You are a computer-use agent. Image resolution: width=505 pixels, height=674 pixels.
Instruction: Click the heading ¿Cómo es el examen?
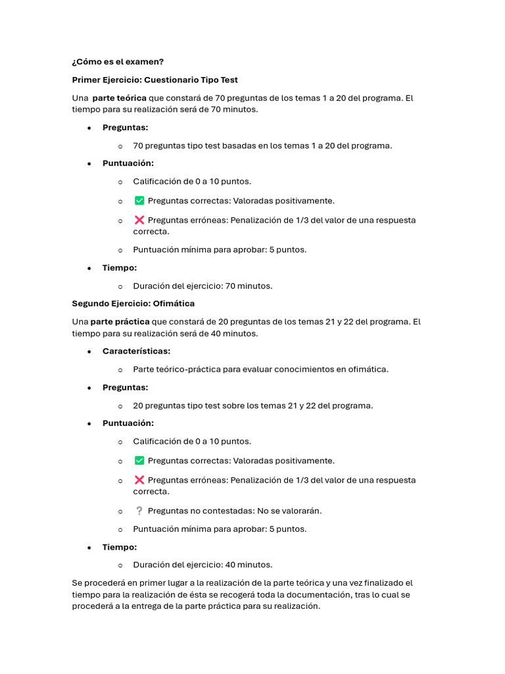coord(118,62)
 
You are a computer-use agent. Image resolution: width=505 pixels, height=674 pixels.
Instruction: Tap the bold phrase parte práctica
coord(120,322)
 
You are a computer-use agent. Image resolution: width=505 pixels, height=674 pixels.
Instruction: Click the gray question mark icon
coord(139,510)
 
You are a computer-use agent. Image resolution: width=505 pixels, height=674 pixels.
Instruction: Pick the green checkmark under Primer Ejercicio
coord(139,201)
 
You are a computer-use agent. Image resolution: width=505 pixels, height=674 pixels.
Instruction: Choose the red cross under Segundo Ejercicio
coord(139,480)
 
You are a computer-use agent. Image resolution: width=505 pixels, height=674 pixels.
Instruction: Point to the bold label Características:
coord(136,351)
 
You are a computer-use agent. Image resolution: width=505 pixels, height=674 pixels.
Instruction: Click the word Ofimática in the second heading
coord(174,303)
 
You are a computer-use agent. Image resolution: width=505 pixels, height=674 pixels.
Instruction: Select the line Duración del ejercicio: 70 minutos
coord(203,286)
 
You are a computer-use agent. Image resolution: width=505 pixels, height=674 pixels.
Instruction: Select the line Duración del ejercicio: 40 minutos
coord(203,564)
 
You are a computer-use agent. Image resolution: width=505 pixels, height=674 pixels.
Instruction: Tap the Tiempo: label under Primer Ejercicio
coord(120,268)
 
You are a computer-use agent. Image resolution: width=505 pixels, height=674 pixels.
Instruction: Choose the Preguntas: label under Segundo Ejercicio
coord(125,388)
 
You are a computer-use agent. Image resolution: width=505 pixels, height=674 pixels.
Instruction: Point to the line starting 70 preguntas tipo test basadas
coord(262,145)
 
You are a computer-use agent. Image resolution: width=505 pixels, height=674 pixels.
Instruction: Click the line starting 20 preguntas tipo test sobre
coord(252,405)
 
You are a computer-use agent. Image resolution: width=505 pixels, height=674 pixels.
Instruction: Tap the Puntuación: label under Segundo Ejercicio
coord(128,423)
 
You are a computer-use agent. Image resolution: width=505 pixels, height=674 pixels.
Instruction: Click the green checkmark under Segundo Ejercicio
coord(139,461)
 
